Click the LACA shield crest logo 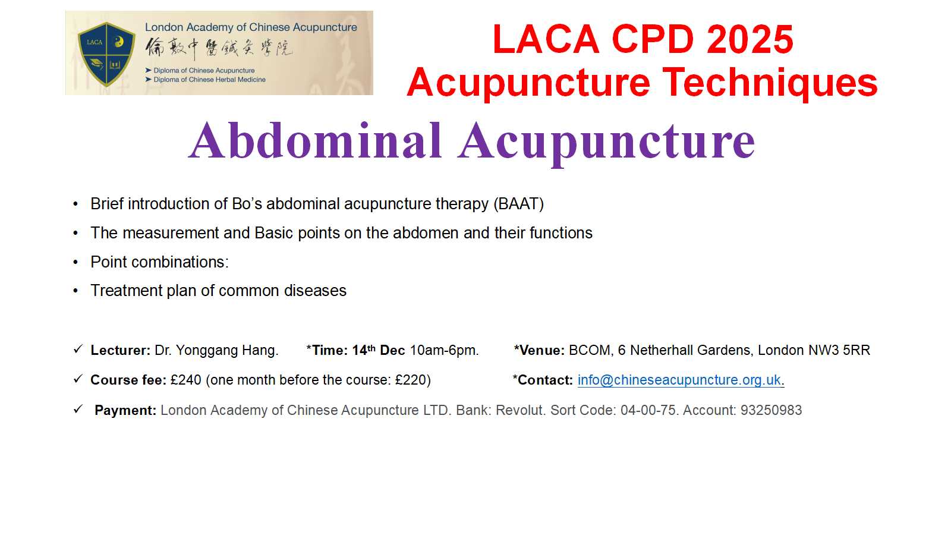pyautogui.click(x=106, y=54)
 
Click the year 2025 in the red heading pyautogui.click(x=750, y=39)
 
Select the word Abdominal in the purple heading pyautogui.click(x=316, y=140)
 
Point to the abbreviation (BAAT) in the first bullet pyautogui.click(x=518, y=204)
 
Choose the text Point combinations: pyautogui.click(x=160, y=262)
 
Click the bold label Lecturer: pyautogui.click(x=121, y=350)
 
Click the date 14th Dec pyautogui.click(x=378, y=350)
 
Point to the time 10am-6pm pyautogui.click(x=444, y=351)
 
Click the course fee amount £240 pyautogui.click(x=186, y=380)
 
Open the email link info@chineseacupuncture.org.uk pyautogui.click(x=679, y=380)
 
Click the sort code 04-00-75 pyautogui.click(x=648, y=410)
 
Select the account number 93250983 pyautogui.click(x=771, y=410)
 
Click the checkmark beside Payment pyautogui.click(x=78, y=410)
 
